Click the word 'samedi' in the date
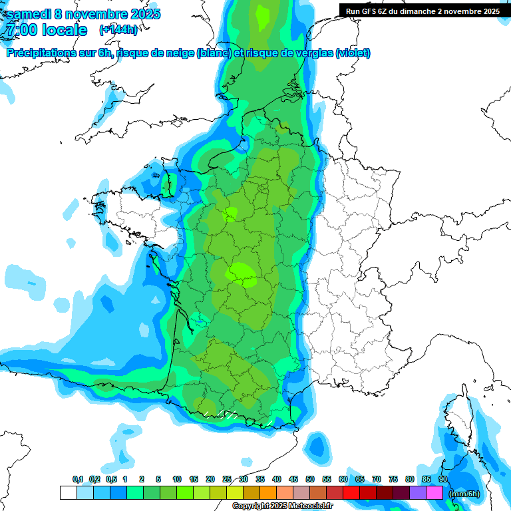pos(29,14)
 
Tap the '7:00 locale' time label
pos(47,30)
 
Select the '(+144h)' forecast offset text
pos(118,30)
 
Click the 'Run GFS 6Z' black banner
pos(423,11)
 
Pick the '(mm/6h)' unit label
pos(464,493)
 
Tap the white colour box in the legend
pos(68,493)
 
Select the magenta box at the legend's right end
pos(434,493)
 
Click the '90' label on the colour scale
pos(442,480)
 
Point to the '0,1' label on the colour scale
pos(77,480)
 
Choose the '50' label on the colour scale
pos(310,480)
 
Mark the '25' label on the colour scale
pos(227,480)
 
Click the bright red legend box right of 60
pos(351,493)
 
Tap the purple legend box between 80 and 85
pos(418,493)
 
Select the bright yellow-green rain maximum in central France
pos(242,273)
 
